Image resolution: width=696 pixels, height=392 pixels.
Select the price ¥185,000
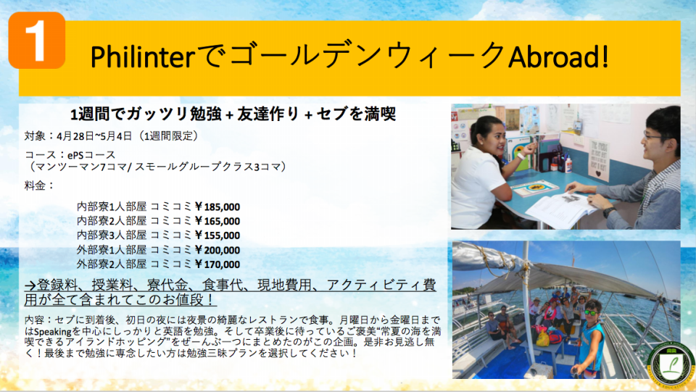(x=217, y=207)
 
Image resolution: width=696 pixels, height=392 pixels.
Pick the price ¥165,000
(x=217, y=221)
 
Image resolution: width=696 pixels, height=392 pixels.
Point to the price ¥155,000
(x=217, y=235)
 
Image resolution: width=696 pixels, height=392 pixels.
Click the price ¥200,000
(x=217, y=250)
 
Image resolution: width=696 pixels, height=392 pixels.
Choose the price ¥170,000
(x=217, y=264)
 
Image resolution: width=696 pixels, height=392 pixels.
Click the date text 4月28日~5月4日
(x=94, y=135)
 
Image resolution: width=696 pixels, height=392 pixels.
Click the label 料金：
(x=39, y=185)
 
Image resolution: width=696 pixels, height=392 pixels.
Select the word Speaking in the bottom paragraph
(x=53, y=332)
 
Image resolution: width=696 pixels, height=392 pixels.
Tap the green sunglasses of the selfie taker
(x=590, y=312)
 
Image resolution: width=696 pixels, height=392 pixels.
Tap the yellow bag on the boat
(x=543, y=338)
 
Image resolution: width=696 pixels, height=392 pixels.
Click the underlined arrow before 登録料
(x=30, y=285)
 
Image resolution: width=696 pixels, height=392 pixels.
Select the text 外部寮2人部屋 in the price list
(x=112, y=264)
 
